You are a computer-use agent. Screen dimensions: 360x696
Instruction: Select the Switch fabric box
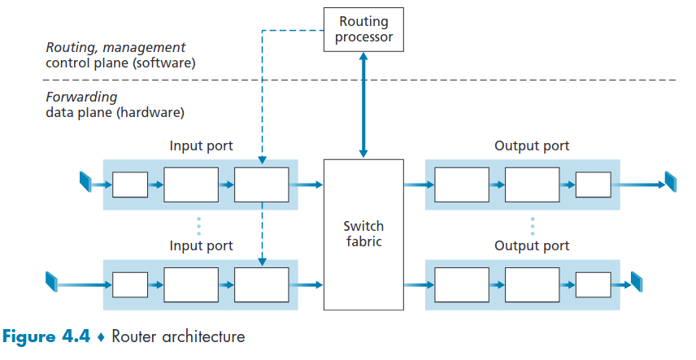coord(363,234)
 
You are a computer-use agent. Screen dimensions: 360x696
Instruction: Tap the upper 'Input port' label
coord(201,146)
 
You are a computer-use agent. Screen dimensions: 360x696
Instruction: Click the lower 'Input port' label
coord(201,245)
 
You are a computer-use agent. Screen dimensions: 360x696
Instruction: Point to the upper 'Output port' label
coord(532,146)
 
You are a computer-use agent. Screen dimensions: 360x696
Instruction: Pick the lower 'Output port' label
coord(532,245)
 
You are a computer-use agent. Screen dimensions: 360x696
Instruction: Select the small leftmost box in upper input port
coord(130,185)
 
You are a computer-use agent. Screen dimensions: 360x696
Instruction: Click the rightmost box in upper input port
coord(261,184)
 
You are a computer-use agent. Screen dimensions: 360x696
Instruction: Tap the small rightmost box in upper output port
coord(593,185)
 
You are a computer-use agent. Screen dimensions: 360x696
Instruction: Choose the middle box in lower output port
coord(532,284)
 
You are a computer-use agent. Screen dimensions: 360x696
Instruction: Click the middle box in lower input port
coord(191,284)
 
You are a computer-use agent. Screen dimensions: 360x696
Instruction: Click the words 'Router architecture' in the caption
coord(178,336)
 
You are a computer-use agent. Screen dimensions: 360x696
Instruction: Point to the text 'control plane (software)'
coord(120,63)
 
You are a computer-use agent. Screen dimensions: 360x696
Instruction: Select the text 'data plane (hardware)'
coord(115,112)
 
